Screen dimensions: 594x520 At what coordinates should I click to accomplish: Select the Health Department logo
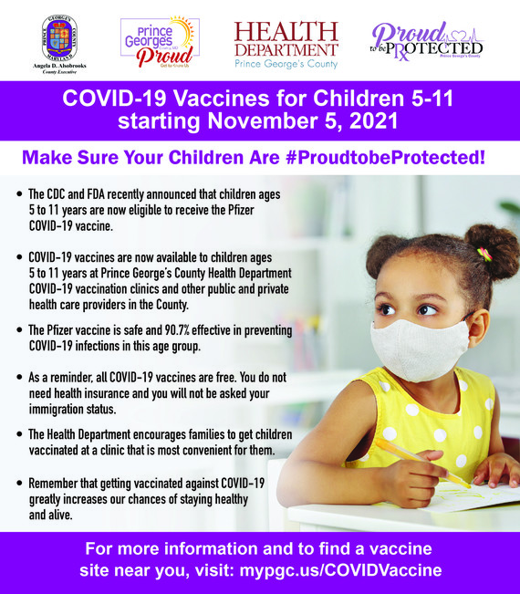coord(286,44)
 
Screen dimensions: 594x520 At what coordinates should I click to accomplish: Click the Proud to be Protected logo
coord(427,40)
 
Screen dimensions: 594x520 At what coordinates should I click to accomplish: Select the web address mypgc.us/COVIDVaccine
coord(340,570)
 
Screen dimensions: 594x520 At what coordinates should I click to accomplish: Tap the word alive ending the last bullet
coord(45,515)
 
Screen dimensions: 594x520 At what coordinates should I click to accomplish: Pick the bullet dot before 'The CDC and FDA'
coord(20,195)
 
